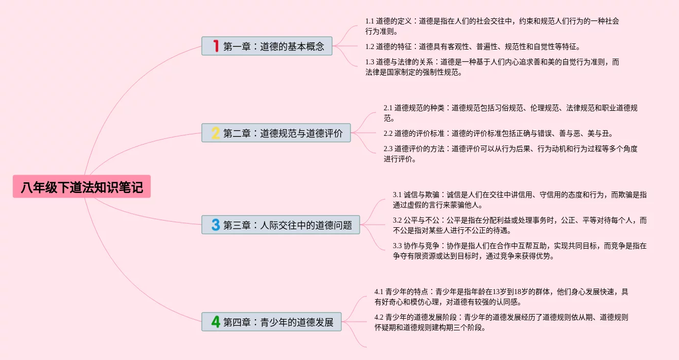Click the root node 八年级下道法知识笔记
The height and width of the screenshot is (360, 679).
[82, 187]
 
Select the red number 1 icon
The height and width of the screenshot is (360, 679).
[216, 46]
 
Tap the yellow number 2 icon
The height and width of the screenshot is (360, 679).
[216, 133]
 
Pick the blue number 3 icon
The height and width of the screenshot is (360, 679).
[216, 225]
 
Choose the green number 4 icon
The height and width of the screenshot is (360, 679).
[216, 322]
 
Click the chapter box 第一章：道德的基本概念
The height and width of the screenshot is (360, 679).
[267, 46]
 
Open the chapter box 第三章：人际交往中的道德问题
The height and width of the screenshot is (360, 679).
[280, 225]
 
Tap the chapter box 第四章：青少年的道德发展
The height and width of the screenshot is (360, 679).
[271, 322]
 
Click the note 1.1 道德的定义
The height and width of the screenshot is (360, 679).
[492, 26]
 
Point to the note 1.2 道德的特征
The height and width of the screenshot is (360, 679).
[473, 46]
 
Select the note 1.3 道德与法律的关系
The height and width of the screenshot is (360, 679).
[492, 67]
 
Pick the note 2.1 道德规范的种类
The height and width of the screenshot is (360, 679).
[510, 113]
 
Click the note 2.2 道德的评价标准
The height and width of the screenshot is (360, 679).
[498, 133]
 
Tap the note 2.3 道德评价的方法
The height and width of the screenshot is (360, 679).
[510, 154]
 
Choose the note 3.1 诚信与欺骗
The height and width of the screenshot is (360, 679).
[520, 200]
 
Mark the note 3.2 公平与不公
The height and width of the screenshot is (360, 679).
[520, 225]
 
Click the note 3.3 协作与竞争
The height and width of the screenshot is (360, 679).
[520, 251]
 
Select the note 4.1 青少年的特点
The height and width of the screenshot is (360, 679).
[501, 297]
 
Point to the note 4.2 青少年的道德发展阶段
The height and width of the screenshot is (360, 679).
[501, 322]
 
